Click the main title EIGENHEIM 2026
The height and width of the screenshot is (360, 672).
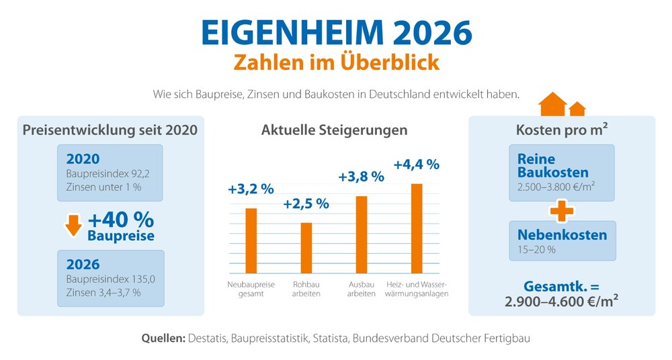coord(336,31)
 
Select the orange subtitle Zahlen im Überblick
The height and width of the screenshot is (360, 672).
coord(336,62)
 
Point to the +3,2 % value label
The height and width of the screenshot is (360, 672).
coord(250,189)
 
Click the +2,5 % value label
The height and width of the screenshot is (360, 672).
coord(306,204)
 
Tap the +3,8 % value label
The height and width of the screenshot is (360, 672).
coord(361,177)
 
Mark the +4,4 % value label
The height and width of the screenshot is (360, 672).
coord(416,164)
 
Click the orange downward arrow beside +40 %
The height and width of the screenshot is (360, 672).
coord(73,226)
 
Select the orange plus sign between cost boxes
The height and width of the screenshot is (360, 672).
coord(562,211)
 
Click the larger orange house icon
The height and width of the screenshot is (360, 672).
coord(553,105)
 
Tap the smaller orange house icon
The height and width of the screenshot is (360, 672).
coord(577,109)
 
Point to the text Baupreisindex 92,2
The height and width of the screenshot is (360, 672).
coord(98,174)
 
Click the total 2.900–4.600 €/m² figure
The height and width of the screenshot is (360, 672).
coord(561,301)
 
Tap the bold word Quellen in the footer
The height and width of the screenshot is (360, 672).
coord(163,339)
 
